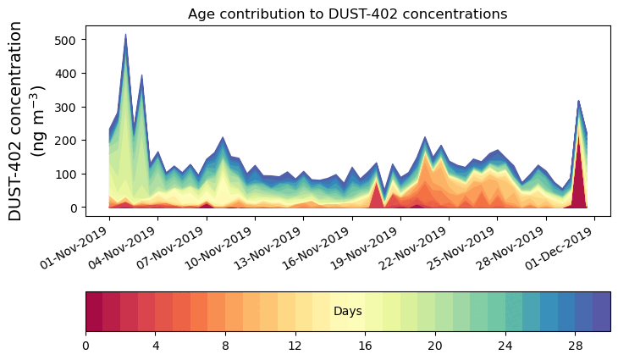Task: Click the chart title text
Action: point(347,14)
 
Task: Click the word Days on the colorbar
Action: point(347,312)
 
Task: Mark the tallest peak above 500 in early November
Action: point(126,36)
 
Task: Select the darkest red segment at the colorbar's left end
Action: point(94,312)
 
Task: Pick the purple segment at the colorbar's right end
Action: point(602,312)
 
